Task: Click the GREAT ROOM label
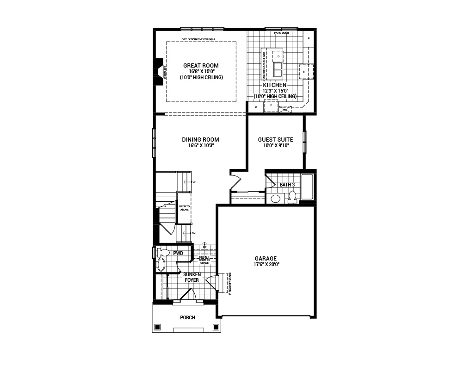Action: click(201, 66)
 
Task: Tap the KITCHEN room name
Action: click(275, 86)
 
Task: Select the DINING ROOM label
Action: click(200, 140)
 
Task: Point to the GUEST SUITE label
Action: click(275, 140)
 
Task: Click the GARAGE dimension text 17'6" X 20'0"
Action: click(266, 264)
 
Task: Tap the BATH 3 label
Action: click(287, 185)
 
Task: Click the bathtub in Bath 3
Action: click(307, 187)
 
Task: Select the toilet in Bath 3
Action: click(292, 198)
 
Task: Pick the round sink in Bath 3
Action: click(276, 199)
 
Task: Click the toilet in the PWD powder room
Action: click(162, 253)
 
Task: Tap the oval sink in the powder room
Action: click(161, 265)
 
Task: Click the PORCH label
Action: click(187, 317)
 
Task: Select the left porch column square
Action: click(157, 327)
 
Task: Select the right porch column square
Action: click(216, 327)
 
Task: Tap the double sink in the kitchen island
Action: click(278, 69)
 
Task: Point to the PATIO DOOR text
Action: click(281, 33)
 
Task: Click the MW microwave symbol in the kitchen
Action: click(285, 110)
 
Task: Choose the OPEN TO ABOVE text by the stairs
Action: click(184, 208)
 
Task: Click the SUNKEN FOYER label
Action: click(192, 277)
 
